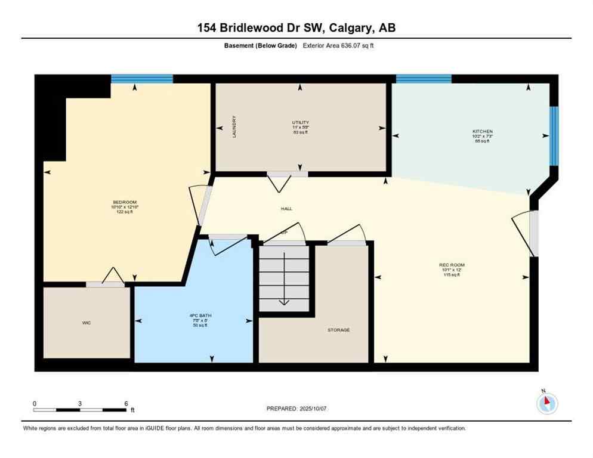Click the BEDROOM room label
click(125, 202)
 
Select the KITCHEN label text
click(483, 131)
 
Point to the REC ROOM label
click(452, 265)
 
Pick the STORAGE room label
click(338, 330)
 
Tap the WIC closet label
click(87, 323)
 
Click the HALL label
click(286, 209)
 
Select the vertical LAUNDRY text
click(234, 126)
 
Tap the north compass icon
click(547, 404)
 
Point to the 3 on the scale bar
click(79, 403)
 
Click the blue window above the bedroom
click(142, 79)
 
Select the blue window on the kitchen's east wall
click(554, 136)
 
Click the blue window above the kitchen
click(424, 79)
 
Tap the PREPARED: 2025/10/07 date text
click(296, 409)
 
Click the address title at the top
click(296, 27)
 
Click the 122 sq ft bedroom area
click(125, 212)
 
